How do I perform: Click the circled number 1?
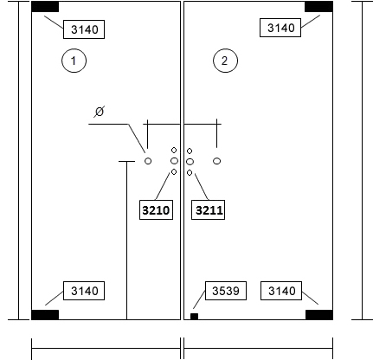(x=74, y=61)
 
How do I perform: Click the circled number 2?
(x=225, y=61)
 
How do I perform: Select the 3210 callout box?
(x=156, y=210)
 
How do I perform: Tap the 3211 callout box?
(x=209, y=210)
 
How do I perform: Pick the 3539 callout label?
(x=226, y=291)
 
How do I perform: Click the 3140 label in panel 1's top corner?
(x=84, y=29)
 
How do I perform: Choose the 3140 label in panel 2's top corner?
(x=280, y=28)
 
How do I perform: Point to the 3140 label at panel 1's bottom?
(x=84, y=291)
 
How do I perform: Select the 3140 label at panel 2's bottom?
(x=281, y=291)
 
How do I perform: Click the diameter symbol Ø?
(x=99, y=112)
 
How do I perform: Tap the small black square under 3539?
(x=194, y=317)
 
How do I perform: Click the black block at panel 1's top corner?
(x=45, y=7)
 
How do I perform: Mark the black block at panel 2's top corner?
(x=318, y=7)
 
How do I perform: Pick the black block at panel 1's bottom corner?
(x=45, y=315)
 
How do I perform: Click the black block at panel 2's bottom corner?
(x=319, y=315)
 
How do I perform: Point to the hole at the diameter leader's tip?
(x=148, y=161)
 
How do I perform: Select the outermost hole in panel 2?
(x=217, y=161)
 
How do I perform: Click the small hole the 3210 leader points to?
(x=174, y=172)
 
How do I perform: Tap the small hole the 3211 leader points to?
(x=190, y=172)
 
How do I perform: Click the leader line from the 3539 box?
(x=199, y=299)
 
